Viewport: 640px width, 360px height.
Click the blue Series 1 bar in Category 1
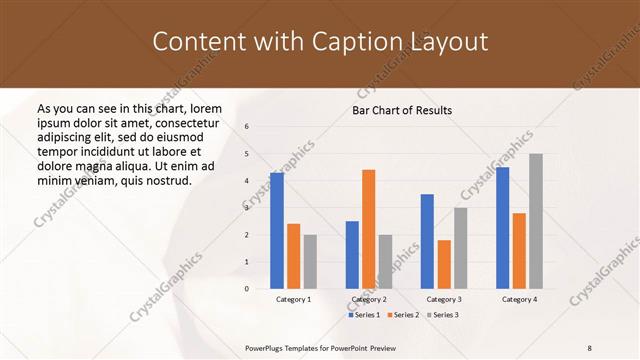tap(277, 231)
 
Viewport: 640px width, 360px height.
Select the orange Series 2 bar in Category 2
tap(368, 229)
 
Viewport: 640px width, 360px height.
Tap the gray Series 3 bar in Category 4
tap(536, 221)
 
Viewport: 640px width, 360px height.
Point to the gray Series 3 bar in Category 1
tap(310, 262)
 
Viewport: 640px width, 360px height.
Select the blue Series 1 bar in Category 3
tap(427, 241)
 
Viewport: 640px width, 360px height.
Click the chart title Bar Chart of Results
tap(402, 110)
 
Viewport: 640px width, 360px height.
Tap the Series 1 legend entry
tap(363, 315)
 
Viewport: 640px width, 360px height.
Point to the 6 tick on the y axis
tap(247, 126)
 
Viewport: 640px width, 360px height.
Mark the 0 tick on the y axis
tap(247, 289)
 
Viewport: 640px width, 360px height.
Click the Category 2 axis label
tap(368, 299)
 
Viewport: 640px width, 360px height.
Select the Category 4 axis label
tap(519, 299)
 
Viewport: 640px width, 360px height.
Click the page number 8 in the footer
tap(590, 347)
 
